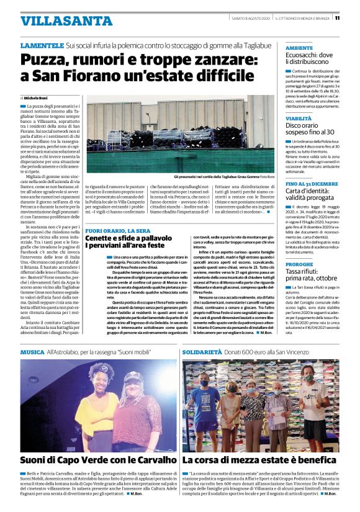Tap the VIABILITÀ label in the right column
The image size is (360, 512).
point(299,117)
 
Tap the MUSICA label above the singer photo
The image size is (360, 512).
point(32,351)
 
